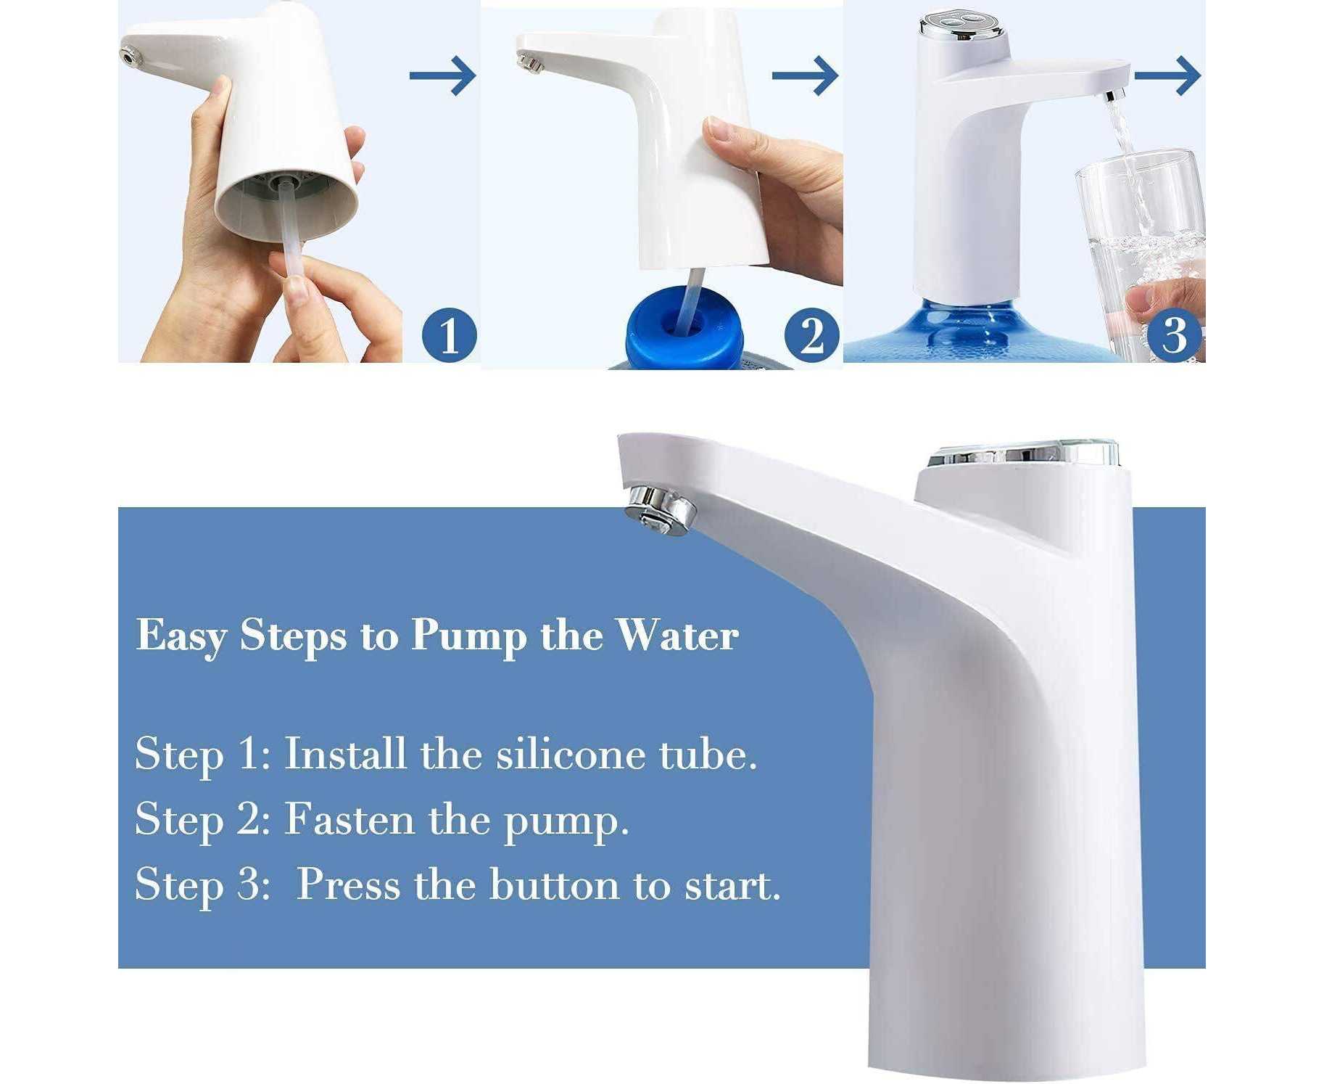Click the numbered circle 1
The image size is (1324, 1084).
click(x=449, y=335)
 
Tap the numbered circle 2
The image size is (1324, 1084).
click(x=811, y=335)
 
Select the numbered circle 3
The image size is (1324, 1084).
click(x=1174, y=335)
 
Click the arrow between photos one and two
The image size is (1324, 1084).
click(x=442, y=75)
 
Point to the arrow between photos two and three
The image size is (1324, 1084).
click(x=805, y=75)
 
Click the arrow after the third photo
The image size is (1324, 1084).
click(x=1167, y=75)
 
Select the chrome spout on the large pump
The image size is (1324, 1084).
click(x=660, y=509)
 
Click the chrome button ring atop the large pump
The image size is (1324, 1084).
click(x=1024, y=454)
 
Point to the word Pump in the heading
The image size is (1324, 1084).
click(x=469, y=636)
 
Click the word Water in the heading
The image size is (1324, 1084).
click(x=677, y=635)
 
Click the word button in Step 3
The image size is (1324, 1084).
click(x=554, y=884)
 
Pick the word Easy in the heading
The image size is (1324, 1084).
click(x=181, y=636)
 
